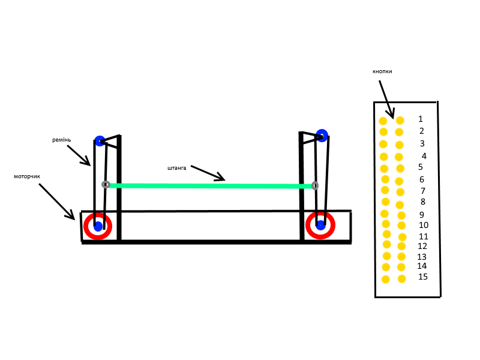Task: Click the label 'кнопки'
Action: tap(382, 71)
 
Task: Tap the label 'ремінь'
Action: tap(61, 140)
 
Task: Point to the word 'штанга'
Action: tap(176, 168)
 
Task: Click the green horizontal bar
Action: tap(210, 185)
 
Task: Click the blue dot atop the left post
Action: tap(100, 141)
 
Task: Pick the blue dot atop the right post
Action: tap(322, 135)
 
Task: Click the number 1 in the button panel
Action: tap(421, 119)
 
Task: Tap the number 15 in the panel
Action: tap(423, 277)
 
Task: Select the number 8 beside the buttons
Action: tap(422, 202)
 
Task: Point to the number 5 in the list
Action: tap(421, 167)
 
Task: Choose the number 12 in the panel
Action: tap(422, 246)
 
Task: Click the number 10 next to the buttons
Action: tap(424, 225)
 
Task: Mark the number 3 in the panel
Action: tap(422, 143)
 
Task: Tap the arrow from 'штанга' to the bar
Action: tap(208, 173)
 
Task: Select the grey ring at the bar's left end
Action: tap(106, 184)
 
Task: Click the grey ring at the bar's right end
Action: tap(315, 186)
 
